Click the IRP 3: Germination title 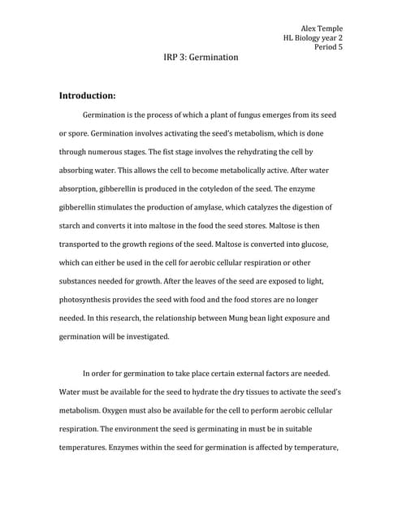pos(201,58)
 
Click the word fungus pos(245,115)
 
